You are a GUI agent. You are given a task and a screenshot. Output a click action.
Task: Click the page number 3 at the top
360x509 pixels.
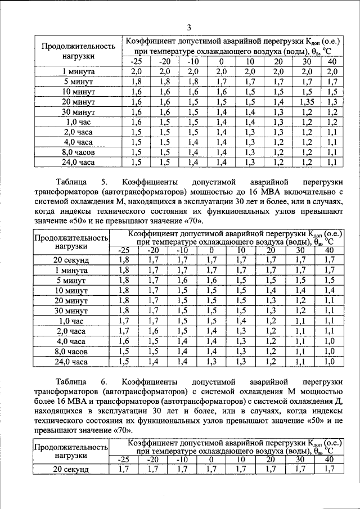click(190, 28)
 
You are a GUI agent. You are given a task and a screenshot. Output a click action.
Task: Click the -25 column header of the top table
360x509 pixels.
click(136, 61)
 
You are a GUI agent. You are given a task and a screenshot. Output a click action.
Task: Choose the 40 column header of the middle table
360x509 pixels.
click(330, 250)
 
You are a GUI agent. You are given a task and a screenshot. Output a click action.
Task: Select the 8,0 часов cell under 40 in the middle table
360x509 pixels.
click(330, 351)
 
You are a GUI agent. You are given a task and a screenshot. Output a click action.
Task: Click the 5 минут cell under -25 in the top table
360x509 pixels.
click(136, 82)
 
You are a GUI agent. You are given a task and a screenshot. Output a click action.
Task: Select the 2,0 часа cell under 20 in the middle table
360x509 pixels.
click(271, 331)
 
